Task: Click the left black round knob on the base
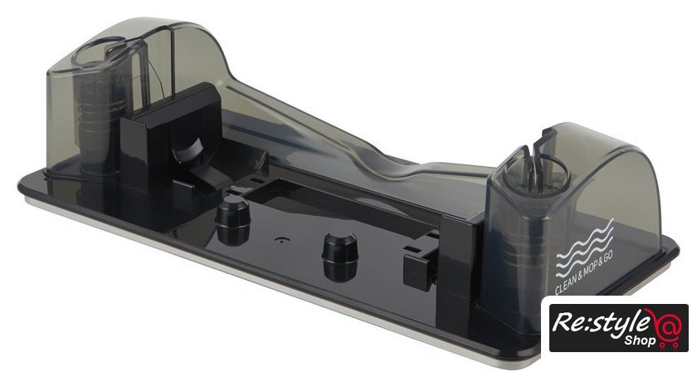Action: [233, 220]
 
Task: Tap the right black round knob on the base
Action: [340, 257]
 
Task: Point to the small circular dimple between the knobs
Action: [280, 239]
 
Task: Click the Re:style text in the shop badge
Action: [600, 322]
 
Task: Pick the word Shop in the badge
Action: [640, 340]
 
